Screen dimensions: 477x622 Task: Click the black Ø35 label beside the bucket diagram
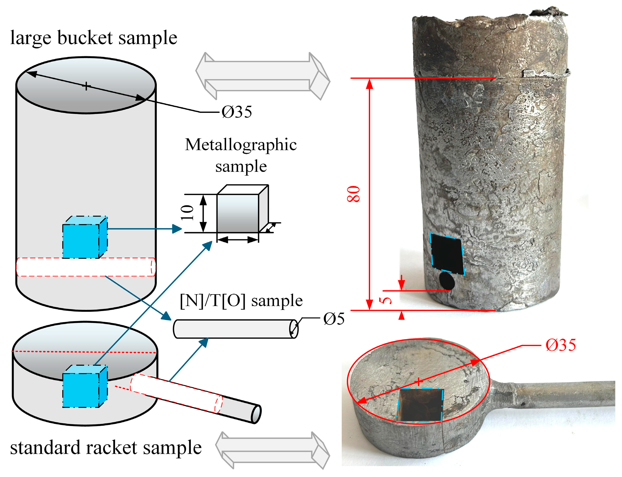click(236, 112)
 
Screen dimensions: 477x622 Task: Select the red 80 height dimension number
click(353, 194)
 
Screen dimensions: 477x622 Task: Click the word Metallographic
click(240, 144)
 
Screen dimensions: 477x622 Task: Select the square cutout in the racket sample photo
click(420, 406)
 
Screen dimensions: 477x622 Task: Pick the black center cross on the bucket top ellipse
click(86, 86)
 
